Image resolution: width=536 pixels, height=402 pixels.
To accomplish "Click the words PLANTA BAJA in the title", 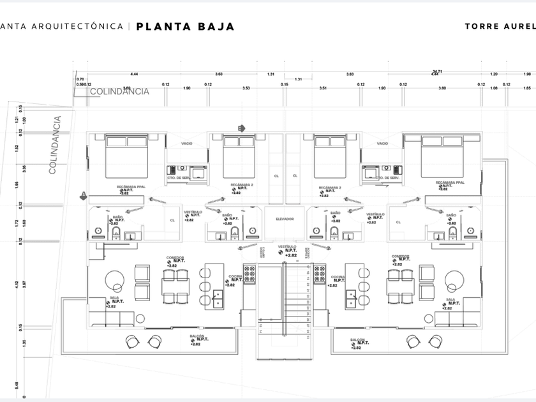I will pos(186,27).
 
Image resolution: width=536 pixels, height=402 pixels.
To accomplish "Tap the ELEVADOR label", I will pos(285,219).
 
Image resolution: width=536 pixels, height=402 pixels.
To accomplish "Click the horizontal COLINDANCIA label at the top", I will pos(119,91).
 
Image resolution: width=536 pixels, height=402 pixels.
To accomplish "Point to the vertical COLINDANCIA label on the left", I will pos(55,145).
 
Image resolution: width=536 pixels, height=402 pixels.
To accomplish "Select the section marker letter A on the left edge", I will pos(83,196).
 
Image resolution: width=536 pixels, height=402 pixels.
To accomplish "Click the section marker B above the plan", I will pos(241,128).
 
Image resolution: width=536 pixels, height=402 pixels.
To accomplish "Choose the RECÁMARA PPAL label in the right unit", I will pos(449,182).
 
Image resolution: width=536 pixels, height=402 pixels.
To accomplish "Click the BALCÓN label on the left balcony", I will pos(196,336).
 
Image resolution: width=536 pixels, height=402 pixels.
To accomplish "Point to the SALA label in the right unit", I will pos(450,299).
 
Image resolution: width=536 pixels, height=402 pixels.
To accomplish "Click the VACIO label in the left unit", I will pos(187,144).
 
